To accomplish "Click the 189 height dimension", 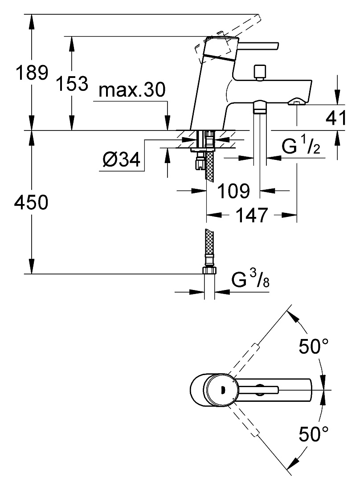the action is [32, 73].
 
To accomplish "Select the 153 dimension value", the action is [72, 83].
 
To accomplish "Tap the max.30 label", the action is [131, 90].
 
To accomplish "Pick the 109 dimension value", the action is [234, 191].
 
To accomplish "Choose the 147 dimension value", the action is [252, 215].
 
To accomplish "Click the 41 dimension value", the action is [336, 118].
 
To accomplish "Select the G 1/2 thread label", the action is [301, 146].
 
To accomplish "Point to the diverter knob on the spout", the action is [260, 73].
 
